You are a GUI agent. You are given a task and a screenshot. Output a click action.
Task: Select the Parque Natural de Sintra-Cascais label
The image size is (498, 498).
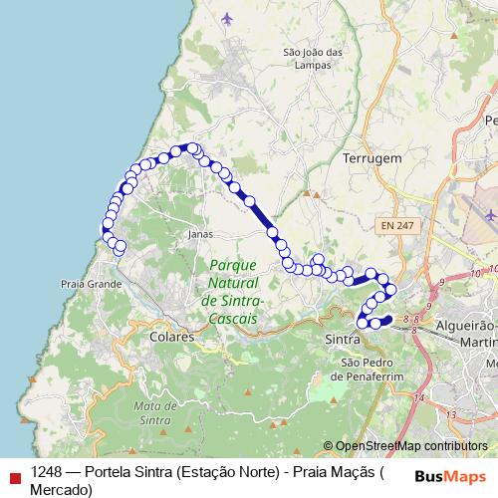pyautogui.click(x=231, y=291)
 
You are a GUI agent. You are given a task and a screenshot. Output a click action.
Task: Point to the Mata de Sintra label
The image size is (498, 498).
pyautogui.click(x=153, y=412)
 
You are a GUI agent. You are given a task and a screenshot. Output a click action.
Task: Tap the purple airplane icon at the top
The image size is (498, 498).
pyautogui.click(x=228, y=18)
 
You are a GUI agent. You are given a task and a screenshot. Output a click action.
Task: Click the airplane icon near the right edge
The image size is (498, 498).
pyautogui.click(x=489, y=214)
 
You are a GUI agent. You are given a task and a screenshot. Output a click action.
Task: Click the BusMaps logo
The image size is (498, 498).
pyautogui.click(x=450, y=477)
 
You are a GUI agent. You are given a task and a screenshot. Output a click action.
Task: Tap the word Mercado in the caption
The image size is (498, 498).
pyautogui.click(x=61, y=488)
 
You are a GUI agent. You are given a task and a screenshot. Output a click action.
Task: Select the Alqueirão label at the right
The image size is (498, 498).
pyautogui.click(x=466, y=326)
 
